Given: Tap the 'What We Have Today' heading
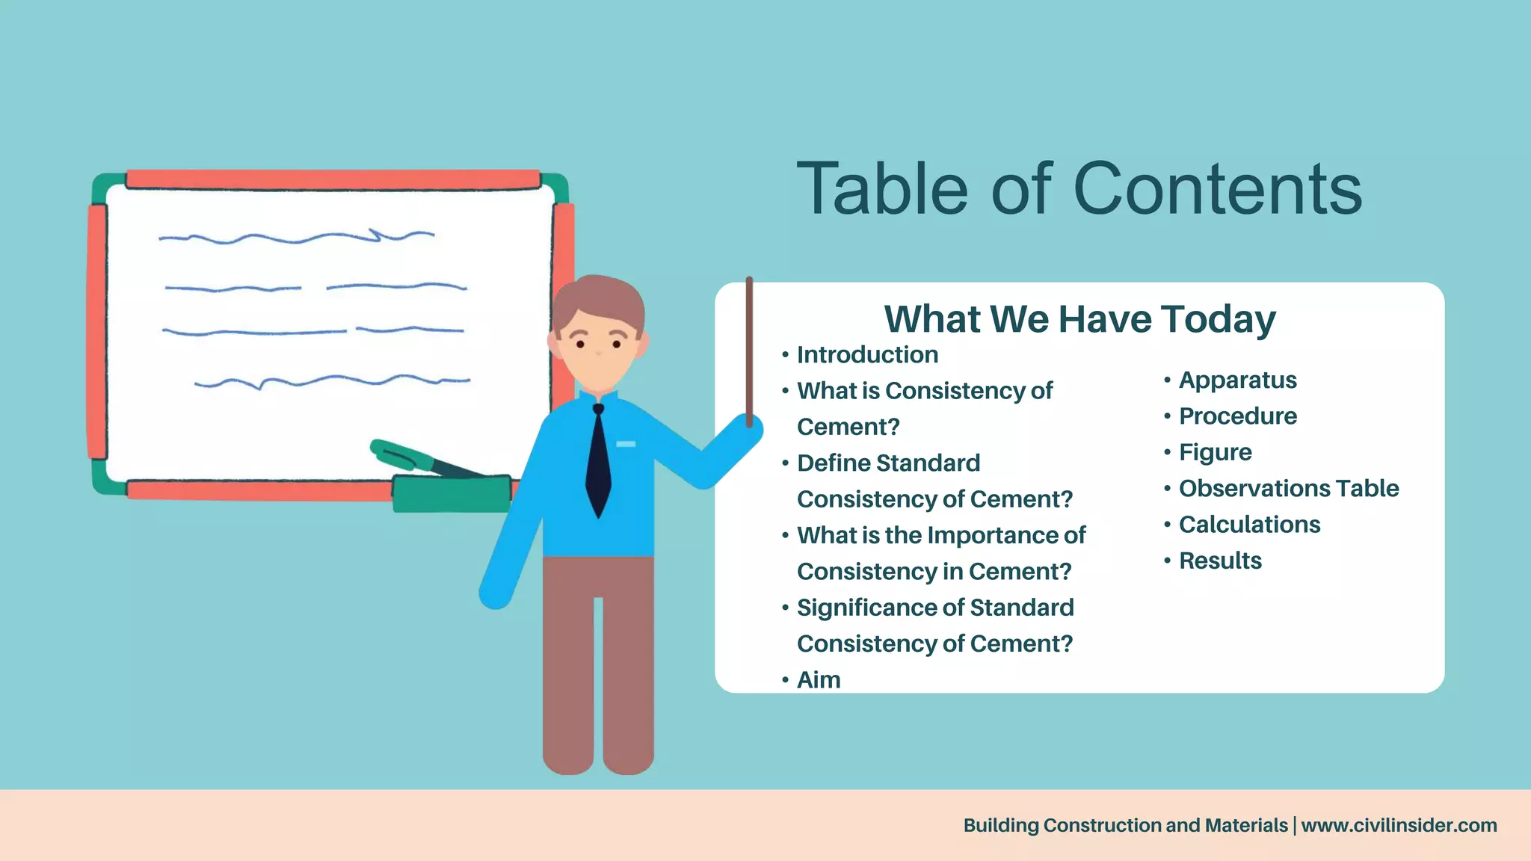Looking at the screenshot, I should (x=1079, y=319).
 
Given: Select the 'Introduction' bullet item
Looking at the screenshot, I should (x=867, y=355).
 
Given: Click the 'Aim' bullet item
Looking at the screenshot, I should (x=819, y=680).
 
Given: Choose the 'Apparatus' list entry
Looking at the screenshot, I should (x=1237, y=380).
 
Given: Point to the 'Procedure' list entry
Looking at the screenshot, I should (x=1237, y=416).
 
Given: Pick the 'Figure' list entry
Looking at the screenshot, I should (x=1215, y=452).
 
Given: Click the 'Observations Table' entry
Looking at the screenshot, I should (x=1288, y=489).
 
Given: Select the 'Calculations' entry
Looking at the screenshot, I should (x=1249, y=525).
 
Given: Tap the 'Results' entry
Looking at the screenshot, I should (x=1220, y=561).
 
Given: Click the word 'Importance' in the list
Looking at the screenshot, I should (x=994, y=535).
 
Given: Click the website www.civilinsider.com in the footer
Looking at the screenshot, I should (x=1399, y=825).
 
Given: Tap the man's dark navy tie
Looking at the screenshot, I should (x=598, y=463).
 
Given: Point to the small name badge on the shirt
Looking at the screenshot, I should (x=626, y=444).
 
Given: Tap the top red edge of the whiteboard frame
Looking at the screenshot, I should (x=333, y=179).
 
